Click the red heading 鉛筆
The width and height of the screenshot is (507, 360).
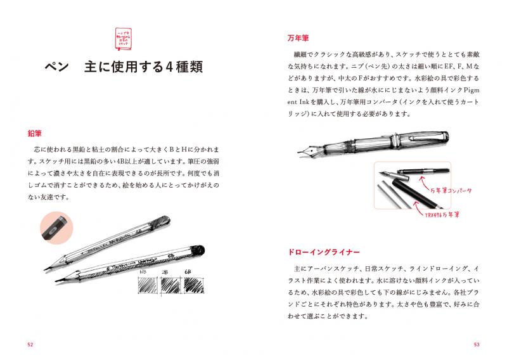[x=34, y=134]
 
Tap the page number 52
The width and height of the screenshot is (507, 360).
[x=30, y=345]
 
